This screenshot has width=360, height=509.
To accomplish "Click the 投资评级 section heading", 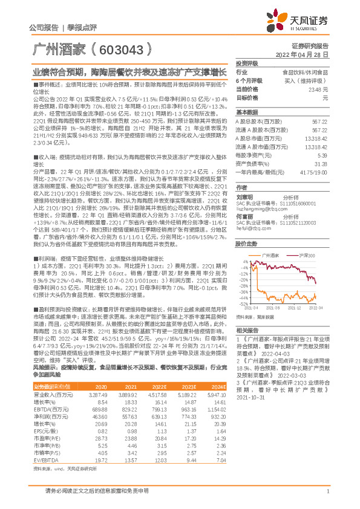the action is point(247,63).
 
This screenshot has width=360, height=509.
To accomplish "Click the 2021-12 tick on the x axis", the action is point(293,308).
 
